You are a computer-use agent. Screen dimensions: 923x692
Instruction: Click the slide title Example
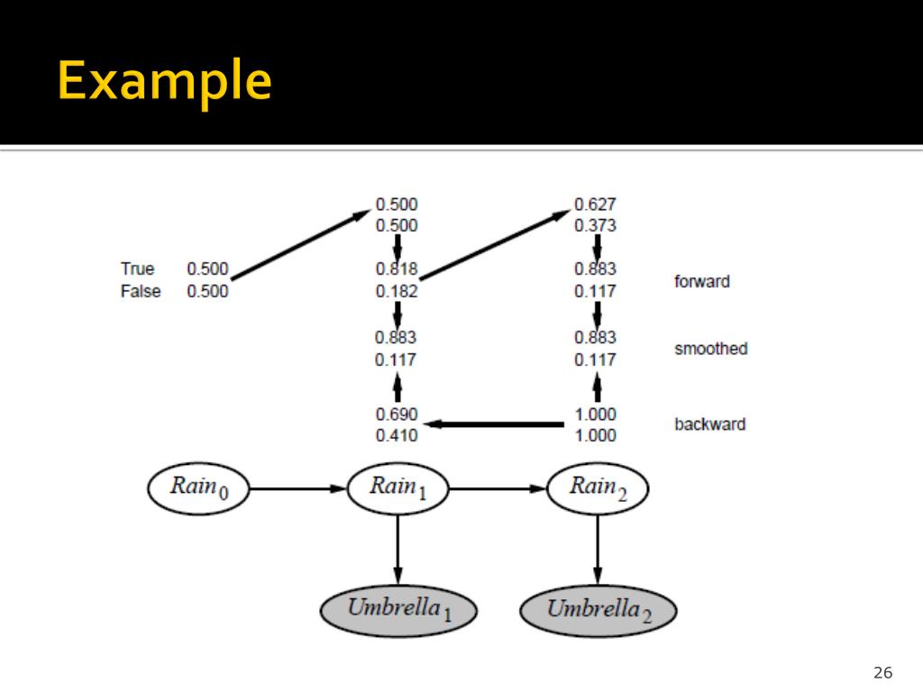coord(164,80)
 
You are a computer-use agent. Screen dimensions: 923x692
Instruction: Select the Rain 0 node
coord(198,488)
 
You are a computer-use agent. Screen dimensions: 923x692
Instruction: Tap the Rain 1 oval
coord(398,488)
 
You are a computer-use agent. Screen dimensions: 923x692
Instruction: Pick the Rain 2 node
coord(598,488)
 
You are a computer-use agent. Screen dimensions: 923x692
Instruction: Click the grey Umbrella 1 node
coord(398,611)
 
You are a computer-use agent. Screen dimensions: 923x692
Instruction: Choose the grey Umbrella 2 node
coord(599,611)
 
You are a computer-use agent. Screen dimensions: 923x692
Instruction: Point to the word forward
coord(701,281)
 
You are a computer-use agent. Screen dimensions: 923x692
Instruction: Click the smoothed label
coord(710,349)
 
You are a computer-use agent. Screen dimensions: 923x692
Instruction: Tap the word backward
coord(710,423)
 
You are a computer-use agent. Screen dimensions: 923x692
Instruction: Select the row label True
coord(137,269)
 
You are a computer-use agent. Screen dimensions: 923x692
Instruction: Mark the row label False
coord(140,291)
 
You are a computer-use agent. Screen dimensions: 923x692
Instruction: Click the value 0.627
coord(595,205)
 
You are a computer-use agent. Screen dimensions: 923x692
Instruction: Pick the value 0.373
coord(595,225)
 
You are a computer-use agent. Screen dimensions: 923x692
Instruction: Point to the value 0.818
coord(397,269)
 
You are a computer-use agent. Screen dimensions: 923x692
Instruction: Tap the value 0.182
coord(397,291)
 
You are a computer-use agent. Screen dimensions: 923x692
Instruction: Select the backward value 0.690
coord(397,414)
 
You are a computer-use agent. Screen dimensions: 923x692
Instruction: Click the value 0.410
coord(397,435)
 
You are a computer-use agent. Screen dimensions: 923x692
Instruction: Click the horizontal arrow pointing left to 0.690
coord(493,424)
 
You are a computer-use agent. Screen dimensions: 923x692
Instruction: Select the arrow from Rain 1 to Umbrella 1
coord(398,550)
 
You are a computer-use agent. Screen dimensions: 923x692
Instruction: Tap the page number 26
coord(883,672)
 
